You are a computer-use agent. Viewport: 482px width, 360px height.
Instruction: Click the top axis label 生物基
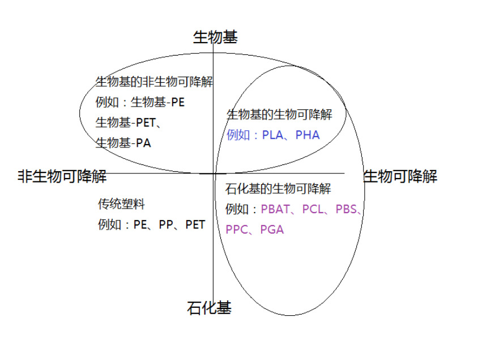[215, 37]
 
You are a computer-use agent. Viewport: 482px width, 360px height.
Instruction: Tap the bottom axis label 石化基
[209, 308]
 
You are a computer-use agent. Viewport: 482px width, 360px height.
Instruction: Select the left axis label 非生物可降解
[62, 176]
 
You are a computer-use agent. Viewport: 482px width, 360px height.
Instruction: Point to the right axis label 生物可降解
[400, 176]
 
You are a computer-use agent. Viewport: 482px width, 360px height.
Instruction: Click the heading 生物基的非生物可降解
[154, 82]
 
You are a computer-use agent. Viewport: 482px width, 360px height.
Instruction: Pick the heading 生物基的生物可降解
[279, 115]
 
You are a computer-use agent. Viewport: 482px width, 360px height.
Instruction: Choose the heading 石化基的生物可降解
[278, 189]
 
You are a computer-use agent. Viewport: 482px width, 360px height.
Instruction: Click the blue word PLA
[272, 135]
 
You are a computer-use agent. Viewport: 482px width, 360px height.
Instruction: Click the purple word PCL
[312, 209]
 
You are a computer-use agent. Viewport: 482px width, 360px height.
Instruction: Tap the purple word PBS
[346, 209]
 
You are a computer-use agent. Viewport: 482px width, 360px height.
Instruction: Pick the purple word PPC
[236, 230]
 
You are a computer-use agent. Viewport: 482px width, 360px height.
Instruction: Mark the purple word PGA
[272, 230]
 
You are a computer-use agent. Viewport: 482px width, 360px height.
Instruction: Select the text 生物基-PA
[123, 143]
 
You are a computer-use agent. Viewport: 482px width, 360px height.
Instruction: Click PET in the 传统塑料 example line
[195, 225]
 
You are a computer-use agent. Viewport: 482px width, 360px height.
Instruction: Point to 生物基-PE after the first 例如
[158, 103]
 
